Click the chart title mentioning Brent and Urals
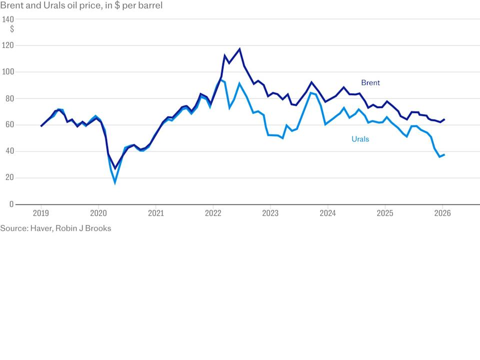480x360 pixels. click(x=81, y=6)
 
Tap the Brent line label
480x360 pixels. click(x=370, y=83)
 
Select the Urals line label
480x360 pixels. click(x=360, y=139)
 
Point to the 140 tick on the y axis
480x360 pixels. click(x=8, y=19)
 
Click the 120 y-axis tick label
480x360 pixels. click(x=8, y=45)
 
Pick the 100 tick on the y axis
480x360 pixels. click(x=8, y=72)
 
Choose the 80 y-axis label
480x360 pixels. click(x=9, y=98)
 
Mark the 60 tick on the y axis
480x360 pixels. click(x=9, y=125)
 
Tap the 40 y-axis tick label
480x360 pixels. click(x=9, y=151)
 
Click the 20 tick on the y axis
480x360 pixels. click(x=9, y=178)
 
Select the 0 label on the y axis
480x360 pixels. click(x=11, y=204)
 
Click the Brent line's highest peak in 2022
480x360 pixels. click(x=239, y=49)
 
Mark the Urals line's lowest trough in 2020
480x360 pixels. click(x=115, y=183)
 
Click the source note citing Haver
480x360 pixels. click(x=55, y=228)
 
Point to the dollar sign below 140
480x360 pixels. click(x=12, y=29)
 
